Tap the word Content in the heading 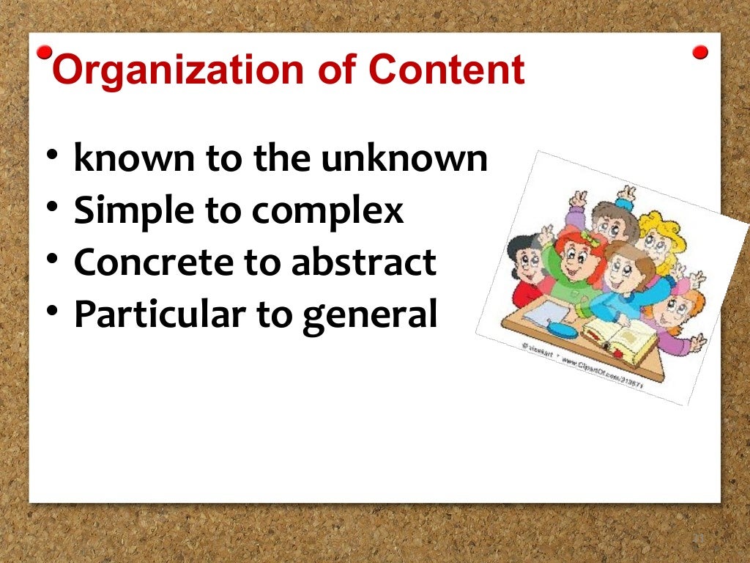(447, 70)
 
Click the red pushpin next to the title (45, 53)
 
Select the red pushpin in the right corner (700, 53)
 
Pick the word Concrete (143, 262)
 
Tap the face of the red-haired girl (573, 256)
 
